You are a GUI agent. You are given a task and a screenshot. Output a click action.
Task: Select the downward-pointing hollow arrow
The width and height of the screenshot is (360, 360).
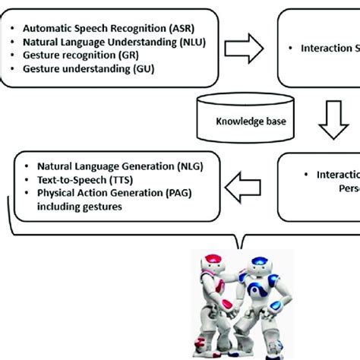334,121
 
